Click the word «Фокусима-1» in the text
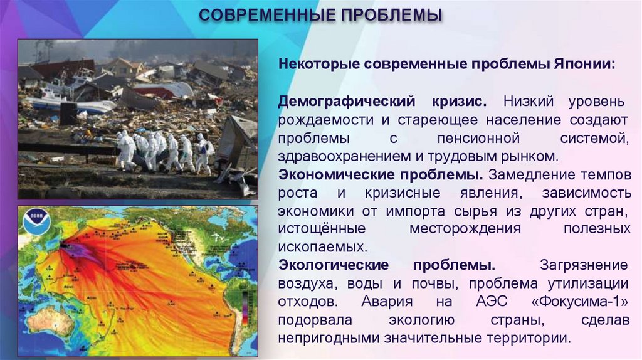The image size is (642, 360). point(580,301)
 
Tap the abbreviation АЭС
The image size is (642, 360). point(498,301)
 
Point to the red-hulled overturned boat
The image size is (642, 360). point(160,92)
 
